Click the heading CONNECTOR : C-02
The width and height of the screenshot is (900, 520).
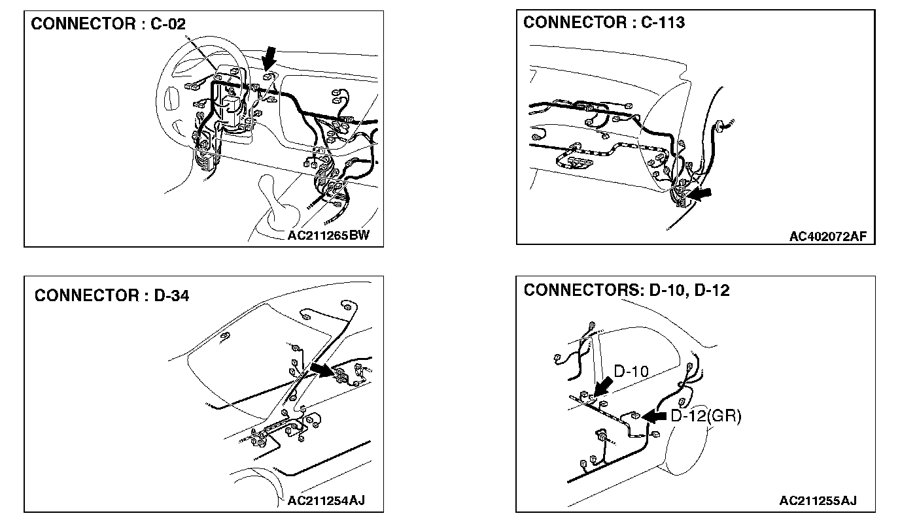pos(109,24)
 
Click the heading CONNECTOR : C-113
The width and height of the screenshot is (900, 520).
pos(604,22)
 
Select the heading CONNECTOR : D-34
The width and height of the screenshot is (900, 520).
pos(112,295)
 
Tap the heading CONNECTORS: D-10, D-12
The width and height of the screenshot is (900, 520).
pos(626,290)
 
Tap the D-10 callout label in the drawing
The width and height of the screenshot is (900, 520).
pos(631,372)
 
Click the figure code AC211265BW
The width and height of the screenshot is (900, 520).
pos(328,235)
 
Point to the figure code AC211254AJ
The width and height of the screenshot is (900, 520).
pos(326,500)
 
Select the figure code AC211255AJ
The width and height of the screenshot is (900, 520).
pos(818,500)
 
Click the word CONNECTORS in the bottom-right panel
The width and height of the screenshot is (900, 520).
pos(578,290)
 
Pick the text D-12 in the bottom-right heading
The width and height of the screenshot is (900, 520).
pos(711,290)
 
